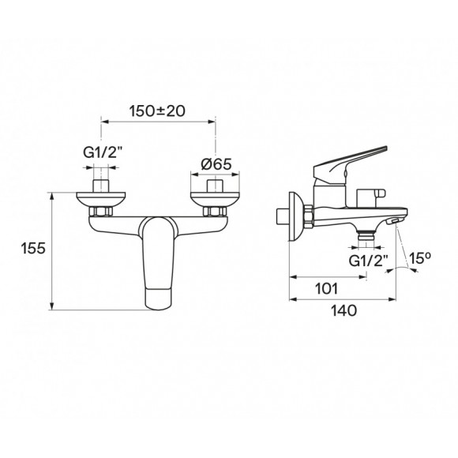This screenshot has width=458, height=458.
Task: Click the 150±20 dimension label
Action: (157, 111)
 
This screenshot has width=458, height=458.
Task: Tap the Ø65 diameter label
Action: (216, 164)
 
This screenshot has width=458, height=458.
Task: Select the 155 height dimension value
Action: (33, 248)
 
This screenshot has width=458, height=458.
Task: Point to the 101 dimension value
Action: (327, 288)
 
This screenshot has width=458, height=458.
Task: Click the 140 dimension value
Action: (343, 310)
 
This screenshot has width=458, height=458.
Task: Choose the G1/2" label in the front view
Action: (102, 152)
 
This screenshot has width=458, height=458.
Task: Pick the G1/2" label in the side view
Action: (368, 261)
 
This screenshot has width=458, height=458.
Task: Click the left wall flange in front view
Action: (101, 199)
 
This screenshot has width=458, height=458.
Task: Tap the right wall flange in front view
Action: (215, 199)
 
